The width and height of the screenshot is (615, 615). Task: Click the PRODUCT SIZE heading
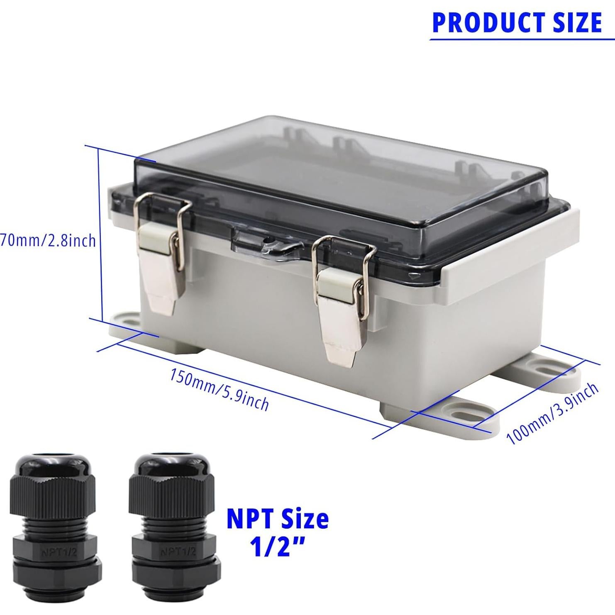tap(517, 22)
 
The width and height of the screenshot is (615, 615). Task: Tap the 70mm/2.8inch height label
tap(48, 241)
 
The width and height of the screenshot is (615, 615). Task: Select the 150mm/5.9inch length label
tap(219, 390)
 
